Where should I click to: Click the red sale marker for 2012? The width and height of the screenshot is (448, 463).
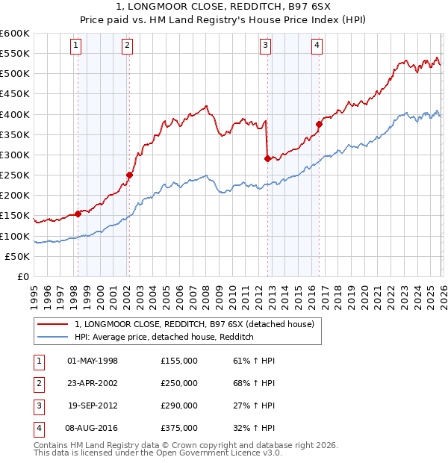point(267,158)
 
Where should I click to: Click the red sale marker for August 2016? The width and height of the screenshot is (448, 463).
point(319,124)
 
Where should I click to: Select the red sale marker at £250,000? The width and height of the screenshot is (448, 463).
point(129,175)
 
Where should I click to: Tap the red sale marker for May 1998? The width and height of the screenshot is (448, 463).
point(78,214)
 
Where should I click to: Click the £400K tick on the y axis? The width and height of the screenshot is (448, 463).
point(15,114)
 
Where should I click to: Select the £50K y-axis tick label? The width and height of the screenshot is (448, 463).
point(18,256)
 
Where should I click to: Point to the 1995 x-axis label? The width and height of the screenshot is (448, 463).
point(34,290)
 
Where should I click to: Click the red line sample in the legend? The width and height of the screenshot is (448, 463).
point(53,324)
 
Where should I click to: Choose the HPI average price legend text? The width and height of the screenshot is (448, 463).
point(164,338)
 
